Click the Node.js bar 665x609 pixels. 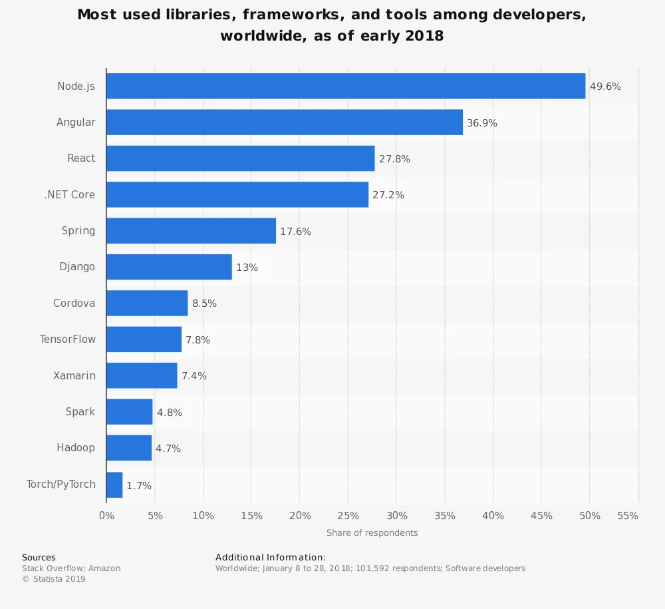click(346, 86)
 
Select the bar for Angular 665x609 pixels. click(284, 122)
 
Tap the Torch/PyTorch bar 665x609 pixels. click(114, 485)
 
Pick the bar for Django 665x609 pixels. click(169, 267)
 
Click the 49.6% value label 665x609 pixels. click(605, 87)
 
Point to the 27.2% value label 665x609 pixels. click(388, 195)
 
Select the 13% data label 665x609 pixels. click(247, 268)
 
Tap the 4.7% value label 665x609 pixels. click(168, 449)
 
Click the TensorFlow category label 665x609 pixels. click(67, 339)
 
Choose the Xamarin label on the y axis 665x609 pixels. click(74, 375)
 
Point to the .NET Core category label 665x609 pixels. click(69, 195)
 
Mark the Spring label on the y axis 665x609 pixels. click(78, 231)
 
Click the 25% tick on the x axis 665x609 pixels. click(348, 516)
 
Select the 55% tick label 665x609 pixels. click(628, 516)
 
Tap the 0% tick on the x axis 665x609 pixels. click(106, 516)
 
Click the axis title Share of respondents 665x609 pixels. click(372, 532)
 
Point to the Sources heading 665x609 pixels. click(39, 558)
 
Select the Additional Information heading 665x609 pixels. click(270, 557)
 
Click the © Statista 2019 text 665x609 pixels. click(54, 579)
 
